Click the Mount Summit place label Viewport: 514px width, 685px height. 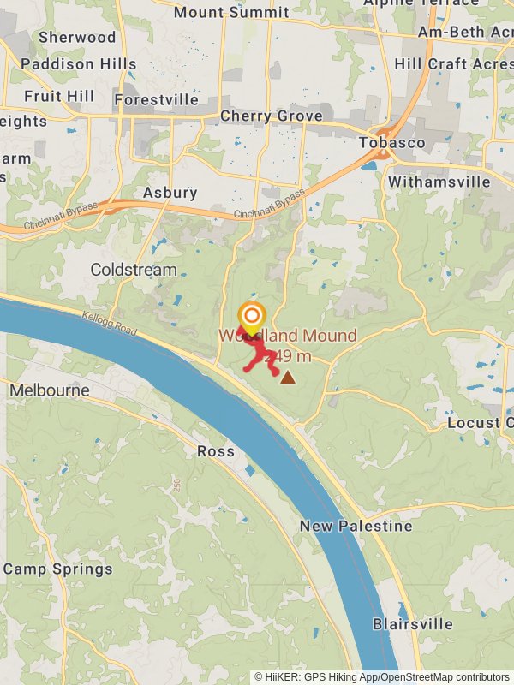coord(231,12)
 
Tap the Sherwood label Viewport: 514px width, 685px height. coord(77,38)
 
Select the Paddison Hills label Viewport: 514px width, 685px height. coord(79,64)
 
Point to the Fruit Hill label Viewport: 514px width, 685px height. coord(59,96)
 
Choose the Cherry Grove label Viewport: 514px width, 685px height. coord(272,116)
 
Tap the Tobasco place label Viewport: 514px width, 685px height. coord(392,142)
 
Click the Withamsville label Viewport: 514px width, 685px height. coord(439,182)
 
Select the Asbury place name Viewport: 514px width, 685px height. coord(170,193)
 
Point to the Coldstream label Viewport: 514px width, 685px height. coord(134,270)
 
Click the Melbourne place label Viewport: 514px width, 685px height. coord(50,390)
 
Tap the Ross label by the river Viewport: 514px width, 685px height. coord(216,451)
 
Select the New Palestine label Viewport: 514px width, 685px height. coord(356,526)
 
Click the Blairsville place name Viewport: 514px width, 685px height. coord(413,624)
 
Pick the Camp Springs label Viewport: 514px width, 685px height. coord(57,569)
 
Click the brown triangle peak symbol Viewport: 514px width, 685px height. coord(288,377)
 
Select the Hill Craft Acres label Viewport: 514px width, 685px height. coord(454,64)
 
